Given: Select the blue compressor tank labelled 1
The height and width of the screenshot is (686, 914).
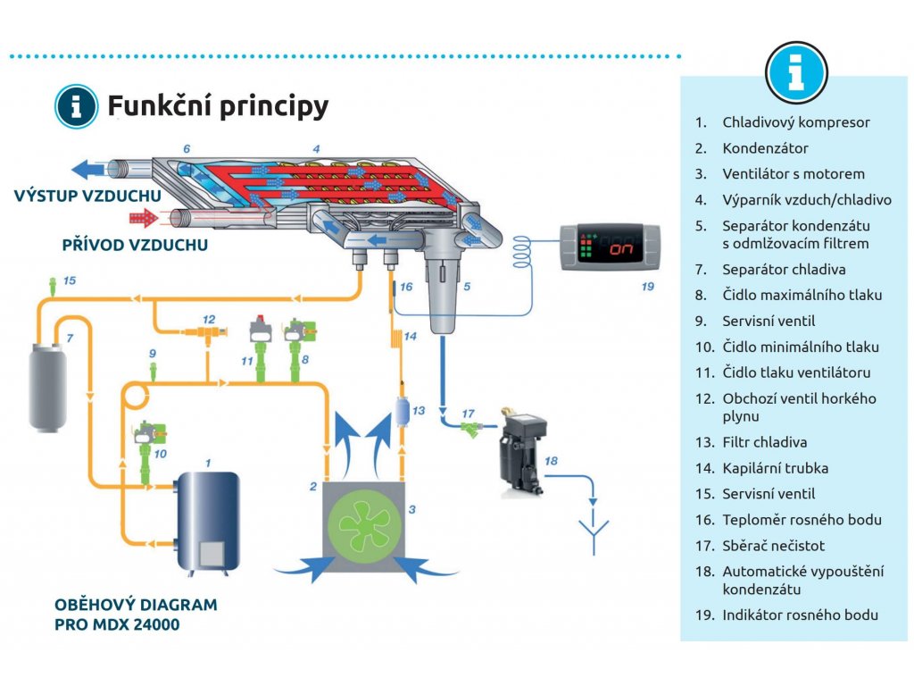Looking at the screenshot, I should click(x=208, y=518).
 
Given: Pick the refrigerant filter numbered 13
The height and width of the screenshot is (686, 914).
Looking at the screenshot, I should click(x=402, y=414).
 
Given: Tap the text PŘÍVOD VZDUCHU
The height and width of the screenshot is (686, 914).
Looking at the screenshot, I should click(x=135, y=244).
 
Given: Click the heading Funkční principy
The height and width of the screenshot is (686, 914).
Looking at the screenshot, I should click(x=218, y=106).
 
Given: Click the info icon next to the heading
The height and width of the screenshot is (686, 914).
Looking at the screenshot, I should click(x=77, y=106).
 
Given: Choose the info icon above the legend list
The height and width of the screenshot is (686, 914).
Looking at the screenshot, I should click(x=796, y=72).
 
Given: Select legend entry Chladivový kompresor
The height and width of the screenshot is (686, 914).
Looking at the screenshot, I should click(x=795, y=122).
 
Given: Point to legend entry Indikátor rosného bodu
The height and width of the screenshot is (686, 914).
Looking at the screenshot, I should click(x=800, y=615).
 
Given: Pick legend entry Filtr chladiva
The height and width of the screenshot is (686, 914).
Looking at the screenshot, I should click(x=764, y=442).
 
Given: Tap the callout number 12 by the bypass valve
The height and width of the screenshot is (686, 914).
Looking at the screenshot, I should click(x=208, y=318).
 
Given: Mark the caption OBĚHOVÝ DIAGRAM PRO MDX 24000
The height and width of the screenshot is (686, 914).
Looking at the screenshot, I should click(x=136, y=615).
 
